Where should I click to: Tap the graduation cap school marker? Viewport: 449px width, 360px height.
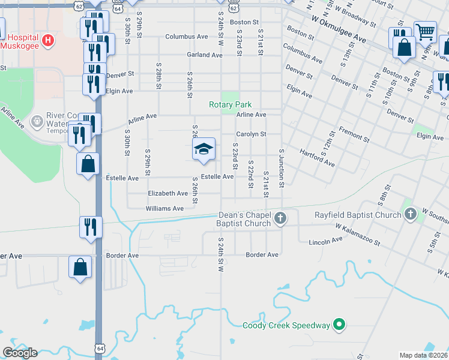click(x=203, y=149)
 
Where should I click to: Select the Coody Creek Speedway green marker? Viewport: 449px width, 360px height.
click(x=339, y=325)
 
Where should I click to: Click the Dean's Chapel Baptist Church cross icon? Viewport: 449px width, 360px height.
click(x=280, y=219)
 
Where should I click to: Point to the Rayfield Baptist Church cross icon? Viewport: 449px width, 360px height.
click(x=411, y=214)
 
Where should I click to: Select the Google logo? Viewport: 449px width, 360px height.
click(x=19, y=352)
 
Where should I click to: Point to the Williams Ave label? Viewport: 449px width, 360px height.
click(x=164, y=208)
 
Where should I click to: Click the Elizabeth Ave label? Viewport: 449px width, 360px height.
click(x=168, y=193)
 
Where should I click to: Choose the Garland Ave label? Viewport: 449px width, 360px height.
click(x=204, y=55)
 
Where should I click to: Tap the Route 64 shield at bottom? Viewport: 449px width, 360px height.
click(x=99, y=348)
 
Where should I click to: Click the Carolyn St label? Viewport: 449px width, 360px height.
click(x=250, y=134)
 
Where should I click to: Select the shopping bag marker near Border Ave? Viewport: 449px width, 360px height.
click(x=80, y=266)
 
